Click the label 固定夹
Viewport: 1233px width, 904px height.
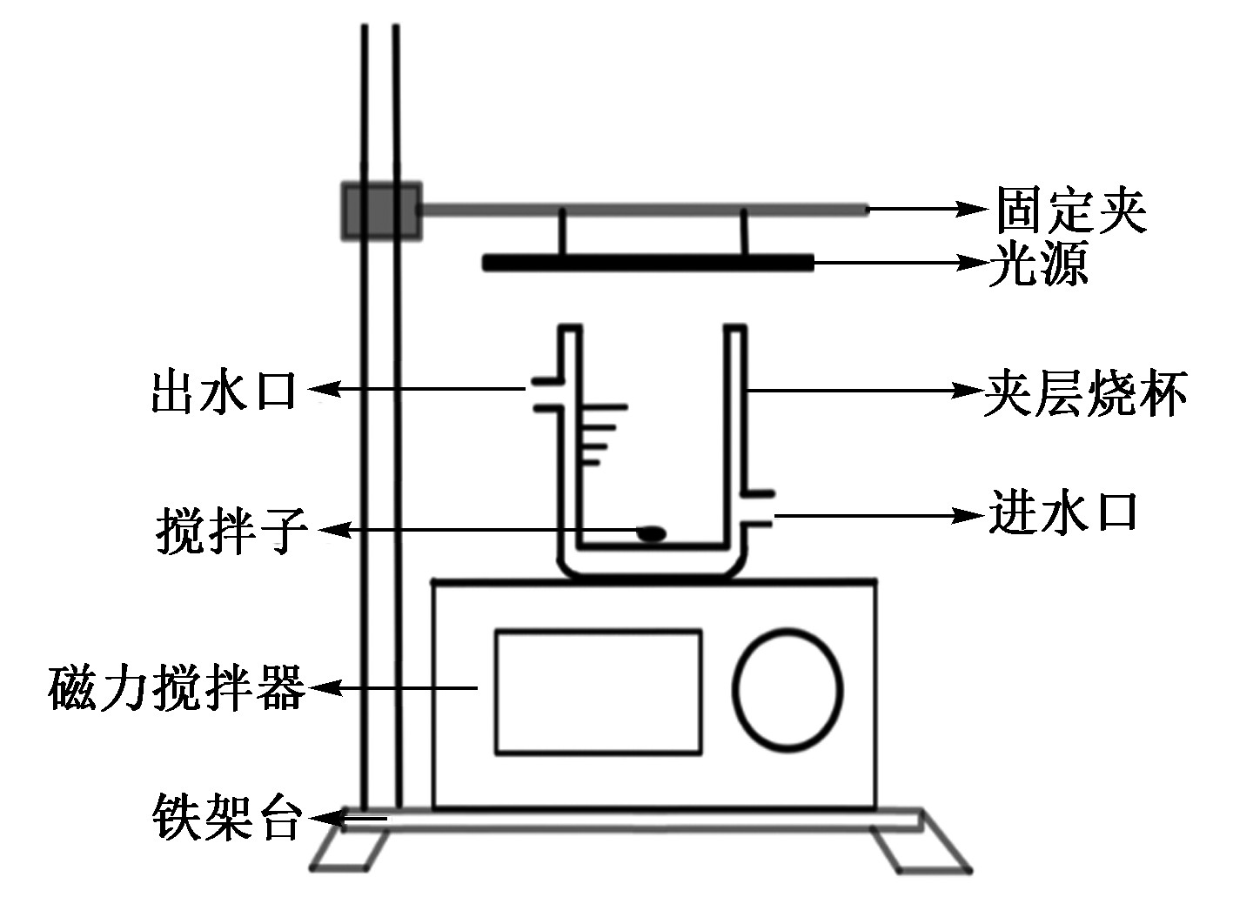pos(1071,210)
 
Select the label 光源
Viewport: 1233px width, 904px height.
pos(1038,263)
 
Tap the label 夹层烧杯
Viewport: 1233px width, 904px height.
pos(1085,393)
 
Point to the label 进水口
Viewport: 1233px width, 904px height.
pos(1063,512)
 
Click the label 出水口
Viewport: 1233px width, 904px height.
pos(224,391)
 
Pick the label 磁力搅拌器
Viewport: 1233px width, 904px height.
pos(178,687)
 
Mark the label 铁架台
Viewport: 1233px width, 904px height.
pos(228,817)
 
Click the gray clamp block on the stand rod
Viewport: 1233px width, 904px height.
pos(381,210)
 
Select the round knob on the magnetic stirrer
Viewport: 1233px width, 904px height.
pos(787,688)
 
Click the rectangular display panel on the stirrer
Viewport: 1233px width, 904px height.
pos(598,692)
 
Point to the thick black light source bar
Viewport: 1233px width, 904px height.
pos(648,262)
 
